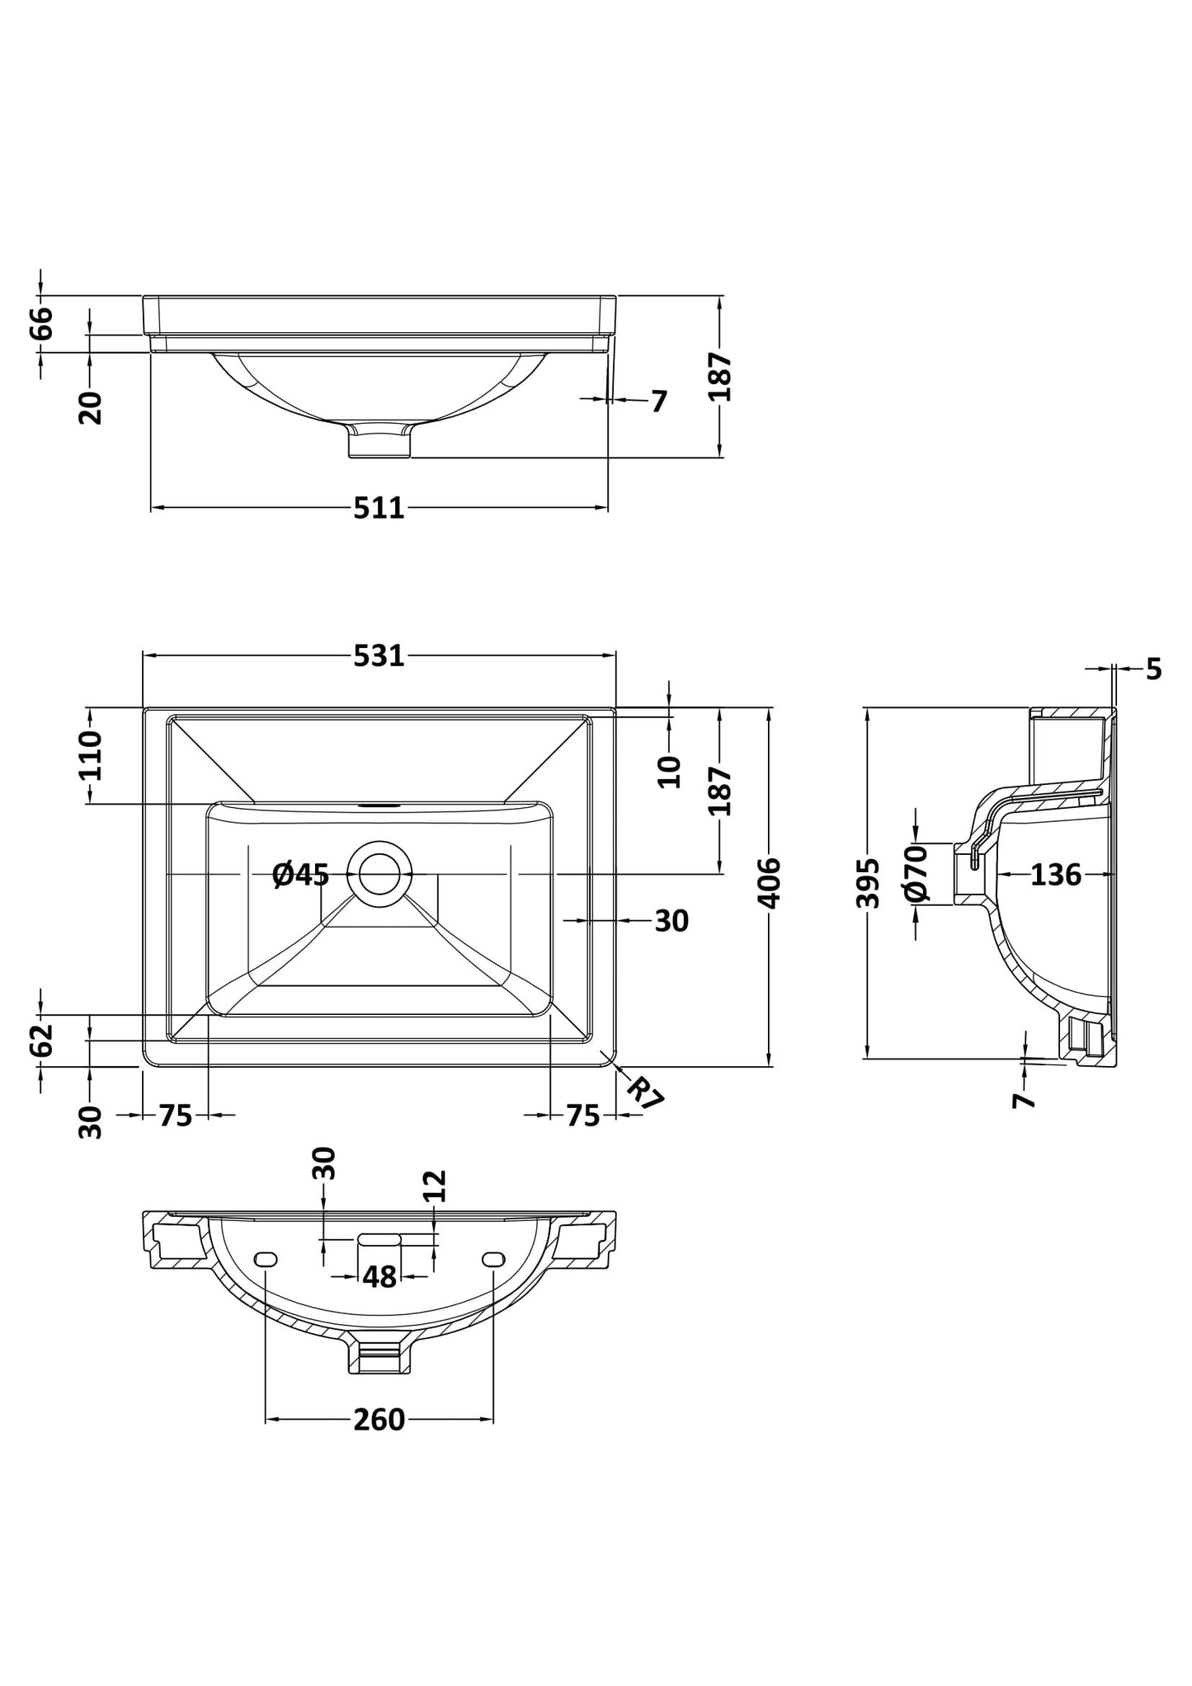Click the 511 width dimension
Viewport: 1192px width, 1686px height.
point(379,508)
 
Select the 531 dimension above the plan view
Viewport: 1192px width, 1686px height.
point(379,655)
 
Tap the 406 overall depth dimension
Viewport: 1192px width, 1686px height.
point(769,883)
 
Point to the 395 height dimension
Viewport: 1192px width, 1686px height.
point(868,883)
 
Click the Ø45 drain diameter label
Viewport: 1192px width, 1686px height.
point(301,874)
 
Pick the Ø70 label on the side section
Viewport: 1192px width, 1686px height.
point(916,873)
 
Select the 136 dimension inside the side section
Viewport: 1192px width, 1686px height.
point(1055,874)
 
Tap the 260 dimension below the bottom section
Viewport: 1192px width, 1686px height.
point(379,1420)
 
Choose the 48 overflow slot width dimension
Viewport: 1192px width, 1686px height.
point(379,1277)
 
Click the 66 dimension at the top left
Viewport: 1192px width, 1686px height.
point(41,322)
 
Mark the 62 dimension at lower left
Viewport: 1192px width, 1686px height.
point(41,1040)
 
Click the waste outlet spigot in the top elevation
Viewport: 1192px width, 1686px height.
point(379,440)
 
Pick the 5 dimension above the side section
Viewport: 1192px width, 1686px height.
point(1153,669)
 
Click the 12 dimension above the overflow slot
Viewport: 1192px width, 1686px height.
point(435,1186)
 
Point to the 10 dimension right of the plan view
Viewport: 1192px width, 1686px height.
point(670,771)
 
